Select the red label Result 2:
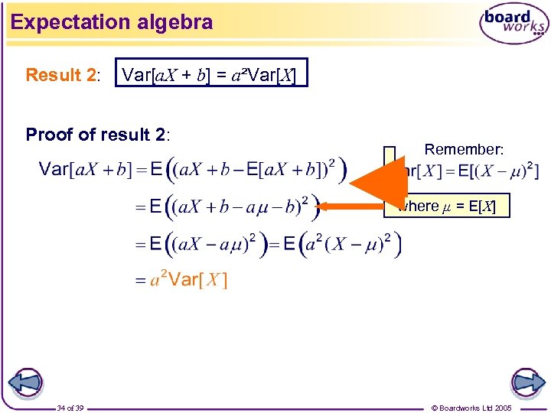tap(62, 75)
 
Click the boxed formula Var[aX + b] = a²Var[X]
tap(210, 74)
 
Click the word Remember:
tap(461, 149)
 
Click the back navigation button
tap(25, 382)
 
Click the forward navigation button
tap(527, 382)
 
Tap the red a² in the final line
tap(158, 280)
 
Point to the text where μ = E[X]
tap(452, 206)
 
